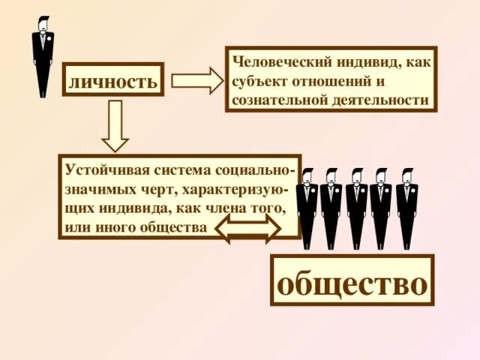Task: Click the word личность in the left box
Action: tap(114, 81)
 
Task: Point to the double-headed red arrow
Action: tap(248, 230)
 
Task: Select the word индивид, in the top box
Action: tap(363, 61)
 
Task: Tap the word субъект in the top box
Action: tap(259, 80)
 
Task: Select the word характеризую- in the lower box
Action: tap(235, 187)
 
